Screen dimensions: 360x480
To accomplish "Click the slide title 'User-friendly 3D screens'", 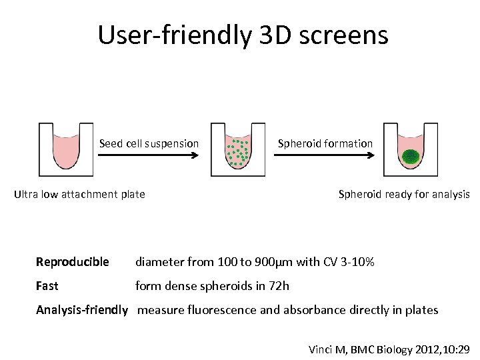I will click(243, 35).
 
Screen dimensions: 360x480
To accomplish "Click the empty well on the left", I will click(65, 150).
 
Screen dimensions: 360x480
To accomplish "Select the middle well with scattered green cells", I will click(237, 151).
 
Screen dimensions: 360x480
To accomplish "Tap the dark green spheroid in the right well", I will click(411, 157).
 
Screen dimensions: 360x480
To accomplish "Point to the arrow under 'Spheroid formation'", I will click(325, 155).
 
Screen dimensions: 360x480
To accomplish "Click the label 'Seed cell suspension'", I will click(149, 143).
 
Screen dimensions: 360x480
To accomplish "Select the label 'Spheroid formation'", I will click(325, 143).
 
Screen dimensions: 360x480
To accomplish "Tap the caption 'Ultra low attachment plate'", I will click(79, 195).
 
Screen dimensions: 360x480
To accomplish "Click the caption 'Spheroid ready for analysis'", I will click(404, 195).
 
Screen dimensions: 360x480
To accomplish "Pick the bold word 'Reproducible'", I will click(72, 262).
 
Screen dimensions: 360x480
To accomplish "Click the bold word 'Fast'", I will click(47, 286).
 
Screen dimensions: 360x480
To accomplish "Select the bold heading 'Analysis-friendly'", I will click(81, 310).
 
